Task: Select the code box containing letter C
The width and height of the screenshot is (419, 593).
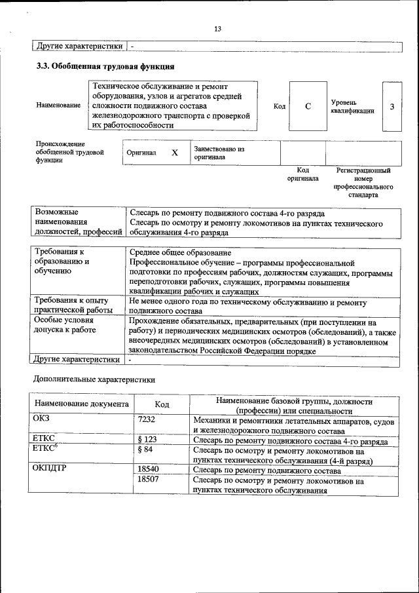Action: (x=308, y=106)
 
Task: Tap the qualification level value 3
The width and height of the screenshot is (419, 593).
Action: (x=392, y=106)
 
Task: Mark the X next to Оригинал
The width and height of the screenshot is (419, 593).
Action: (x=174, y=153)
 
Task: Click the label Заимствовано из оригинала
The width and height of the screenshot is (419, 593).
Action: (x=219, y=153)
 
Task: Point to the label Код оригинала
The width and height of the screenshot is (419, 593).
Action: (x=302, y=174)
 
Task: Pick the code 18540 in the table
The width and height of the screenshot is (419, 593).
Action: (x=149, y=470)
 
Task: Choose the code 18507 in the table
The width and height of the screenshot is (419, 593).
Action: (x=149, y=480)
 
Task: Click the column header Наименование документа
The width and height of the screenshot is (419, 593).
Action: (x=81, y=404)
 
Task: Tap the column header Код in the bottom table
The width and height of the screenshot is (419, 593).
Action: (x=162, y=404)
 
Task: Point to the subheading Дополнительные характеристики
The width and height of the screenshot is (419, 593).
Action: (x=94, y=379)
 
